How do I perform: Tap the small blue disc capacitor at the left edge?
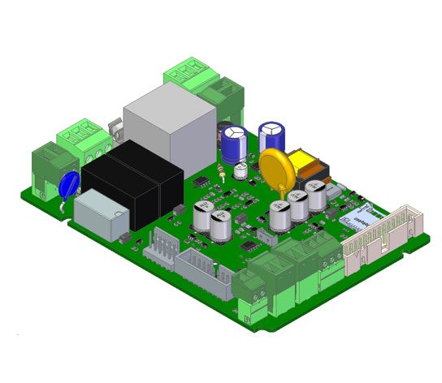click(69, 184)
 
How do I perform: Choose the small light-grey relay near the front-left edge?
click(98, 213)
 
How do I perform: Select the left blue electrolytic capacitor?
click(235, 141)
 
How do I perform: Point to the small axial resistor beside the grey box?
click(222, 172)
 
